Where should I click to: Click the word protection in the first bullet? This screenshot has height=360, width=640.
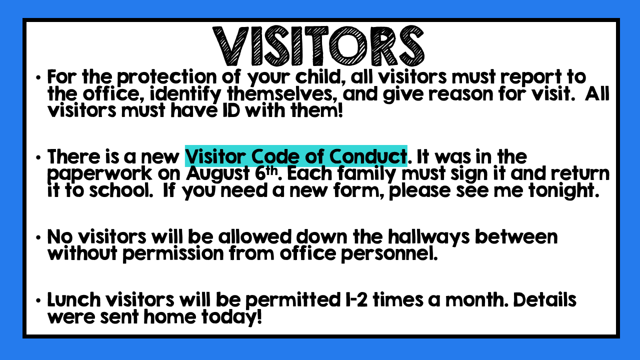coord(167,77)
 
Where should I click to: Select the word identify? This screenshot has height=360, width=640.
coord(185,94)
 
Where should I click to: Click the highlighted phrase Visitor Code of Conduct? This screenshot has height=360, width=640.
coord(296,156)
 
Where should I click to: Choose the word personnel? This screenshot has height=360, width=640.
coord(389,253)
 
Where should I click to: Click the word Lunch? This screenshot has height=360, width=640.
coord(74,299)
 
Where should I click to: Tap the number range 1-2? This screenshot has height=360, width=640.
coord(354,299)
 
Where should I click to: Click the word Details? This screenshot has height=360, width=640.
coord(545,299)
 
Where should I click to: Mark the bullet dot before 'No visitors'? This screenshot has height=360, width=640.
coord(38,237)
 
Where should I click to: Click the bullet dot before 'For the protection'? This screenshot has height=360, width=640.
coord(38,77)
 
